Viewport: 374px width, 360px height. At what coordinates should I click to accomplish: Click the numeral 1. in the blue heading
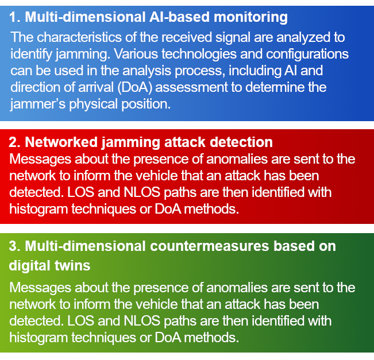tap(15, 17)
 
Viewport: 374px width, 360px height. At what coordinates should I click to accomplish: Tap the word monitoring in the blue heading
tap(250, 18)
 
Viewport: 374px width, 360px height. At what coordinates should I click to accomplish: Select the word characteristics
tap(79, 37)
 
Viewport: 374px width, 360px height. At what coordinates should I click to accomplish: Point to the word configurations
tap(307, 55)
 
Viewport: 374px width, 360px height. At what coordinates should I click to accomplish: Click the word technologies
tap(199, 55)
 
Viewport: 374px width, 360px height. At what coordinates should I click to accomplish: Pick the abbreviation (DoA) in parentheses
tap(135, 87)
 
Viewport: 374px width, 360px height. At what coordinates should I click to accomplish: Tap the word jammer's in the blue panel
tap(38, 104)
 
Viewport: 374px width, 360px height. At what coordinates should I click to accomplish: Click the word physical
tap(94, 104)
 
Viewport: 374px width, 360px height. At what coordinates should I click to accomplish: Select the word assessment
tap(191, 87)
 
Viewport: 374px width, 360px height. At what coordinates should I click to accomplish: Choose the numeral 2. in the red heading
tap(15, 142)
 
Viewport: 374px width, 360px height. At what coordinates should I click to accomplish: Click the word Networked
tap(61, 142)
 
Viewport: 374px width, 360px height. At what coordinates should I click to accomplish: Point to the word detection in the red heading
tap(241, 142)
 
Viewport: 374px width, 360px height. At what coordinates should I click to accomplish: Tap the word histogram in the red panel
tap(38, 210)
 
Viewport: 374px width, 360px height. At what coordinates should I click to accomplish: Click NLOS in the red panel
tap(142, 192)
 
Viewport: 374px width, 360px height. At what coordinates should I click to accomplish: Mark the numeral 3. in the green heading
tap(15, 246)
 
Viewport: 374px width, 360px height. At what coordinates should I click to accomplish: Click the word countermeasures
tap(210, 246)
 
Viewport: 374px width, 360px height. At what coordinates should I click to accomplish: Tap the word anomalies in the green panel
tap(237, 288)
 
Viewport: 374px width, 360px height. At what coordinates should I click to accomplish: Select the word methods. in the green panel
tap(211, 338)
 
